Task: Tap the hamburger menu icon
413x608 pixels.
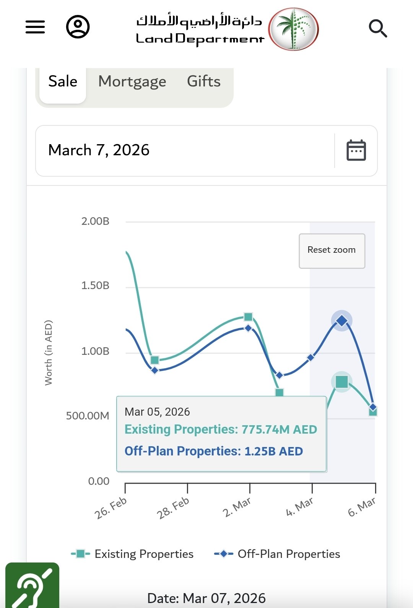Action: [x=35, y=27]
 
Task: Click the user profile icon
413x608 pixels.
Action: [x=78, y=27]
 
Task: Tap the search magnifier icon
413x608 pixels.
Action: [x=378, y=28]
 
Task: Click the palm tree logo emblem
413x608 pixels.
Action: [x=293, y=29]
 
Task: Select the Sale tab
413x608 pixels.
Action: [x=63, y=81]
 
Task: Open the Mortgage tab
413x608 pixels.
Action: [x=132, y=81]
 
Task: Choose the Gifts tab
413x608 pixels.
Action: [x=204, y=81]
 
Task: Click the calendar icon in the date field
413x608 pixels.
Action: [x=356, y=150]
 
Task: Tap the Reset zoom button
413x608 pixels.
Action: [x=332, y=250]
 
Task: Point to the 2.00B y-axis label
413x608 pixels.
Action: [x=95, y=221]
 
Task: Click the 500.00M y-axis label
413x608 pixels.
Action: [x=88, y=416]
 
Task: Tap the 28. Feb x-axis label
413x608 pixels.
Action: [x=173, y=508]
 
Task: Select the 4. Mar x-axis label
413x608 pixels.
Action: [x=299, y=507]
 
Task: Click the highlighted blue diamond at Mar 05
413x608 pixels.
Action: [x=341, y=320]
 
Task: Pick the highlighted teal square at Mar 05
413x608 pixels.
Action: [x=341, y=382]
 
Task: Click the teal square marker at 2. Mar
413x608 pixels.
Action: [x=248, y=317]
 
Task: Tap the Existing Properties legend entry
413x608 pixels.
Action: [x=133, y=554]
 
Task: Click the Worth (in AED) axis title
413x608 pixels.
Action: [x=48, y=353]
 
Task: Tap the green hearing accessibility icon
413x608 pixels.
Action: [x=32, y=586]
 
